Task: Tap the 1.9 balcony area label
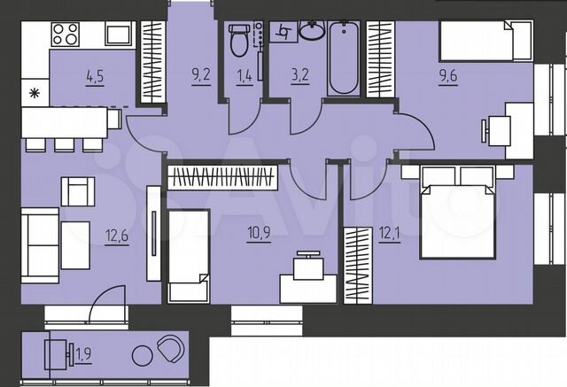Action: pyautogui.click(x=82, y=355)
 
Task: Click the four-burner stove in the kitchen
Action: pyautogui.click(x=64, y=35)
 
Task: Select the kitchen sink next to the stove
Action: pyautogui.click(x=119, y=35)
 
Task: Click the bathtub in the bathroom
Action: pyautogui.click(x=343, y=58)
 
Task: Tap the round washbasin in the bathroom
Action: pyautogui.click(x=310, y=32)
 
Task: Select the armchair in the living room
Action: pyautogui.click(x=78, y=190)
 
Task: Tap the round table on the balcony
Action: pyautogui.click(x=142, y=356)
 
